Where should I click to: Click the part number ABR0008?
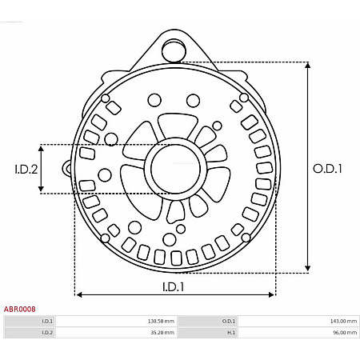19,308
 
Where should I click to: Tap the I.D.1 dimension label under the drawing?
174,286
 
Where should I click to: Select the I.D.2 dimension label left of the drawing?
26,169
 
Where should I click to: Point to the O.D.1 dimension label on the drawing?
327,169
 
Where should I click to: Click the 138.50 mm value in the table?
161,321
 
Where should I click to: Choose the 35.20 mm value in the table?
162,332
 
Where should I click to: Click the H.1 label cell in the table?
231,332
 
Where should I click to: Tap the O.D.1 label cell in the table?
229,321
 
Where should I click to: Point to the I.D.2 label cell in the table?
47,332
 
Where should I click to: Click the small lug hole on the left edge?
67,168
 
